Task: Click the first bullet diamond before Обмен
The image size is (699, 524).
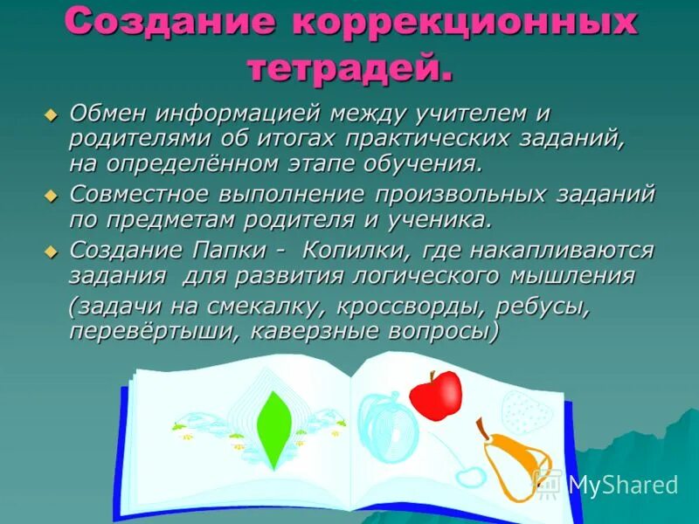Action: click(x=50, y=114)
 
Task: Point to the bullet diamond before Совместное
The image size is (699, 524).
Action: click(x=50, y=194)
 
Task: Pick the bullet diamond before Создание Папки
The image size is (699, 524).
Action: click(x=50, y=251)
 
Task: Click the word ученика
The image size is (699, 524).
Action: click(x=432, y=218)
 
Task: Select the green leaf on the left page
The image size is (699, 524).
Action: click(x=274, y=429)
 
